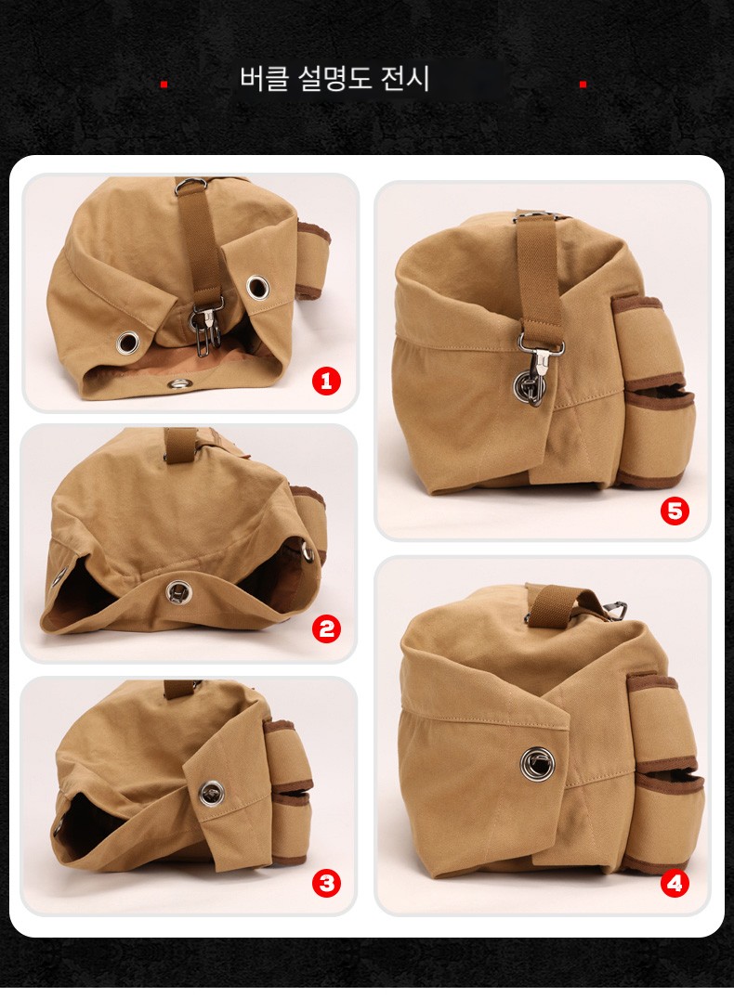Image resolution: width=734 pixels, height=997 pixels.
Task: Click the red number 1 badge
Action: (x=326, y=382)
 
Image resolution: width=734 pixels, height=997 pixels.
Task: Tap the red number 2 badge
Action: (x=326, y=628)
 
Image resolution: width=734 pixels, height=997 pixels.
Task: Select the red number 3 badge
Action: (x=326, y=883)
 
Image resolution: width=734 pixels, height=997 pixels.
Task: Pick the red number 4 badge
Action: (x=675, y=883)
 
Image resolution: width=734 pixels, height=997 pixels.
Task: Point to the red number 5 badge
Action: (x=675, y=511)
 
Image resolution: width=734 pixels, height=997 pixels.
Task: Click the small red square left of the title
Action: (x=164, y=84)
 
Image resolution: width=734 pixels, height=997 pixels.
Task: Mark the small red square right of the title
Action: (x=583, y=84)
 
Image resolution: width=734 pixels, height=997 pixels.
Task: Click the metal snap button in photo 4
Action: (x=538, y=763)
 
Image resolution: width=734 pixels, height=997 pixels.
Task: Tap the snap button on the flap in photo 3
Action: (x=211, y=793)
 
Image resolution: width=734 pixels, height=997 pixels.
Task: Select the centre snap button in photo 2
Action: (x=178, y=592)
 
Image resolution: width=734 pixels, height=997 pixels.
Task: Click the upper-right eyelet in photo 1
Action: (x=257, y=287)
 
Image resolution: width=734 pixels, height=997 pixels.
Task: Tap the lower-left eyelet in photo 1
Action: (x=127, y=343)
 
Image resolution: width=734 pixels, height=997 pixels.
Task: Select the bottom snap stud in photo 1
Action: (x=179, y=383)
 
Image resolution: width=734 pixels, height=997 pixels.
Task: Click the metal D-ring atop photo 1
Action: (x=187, y=185)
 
